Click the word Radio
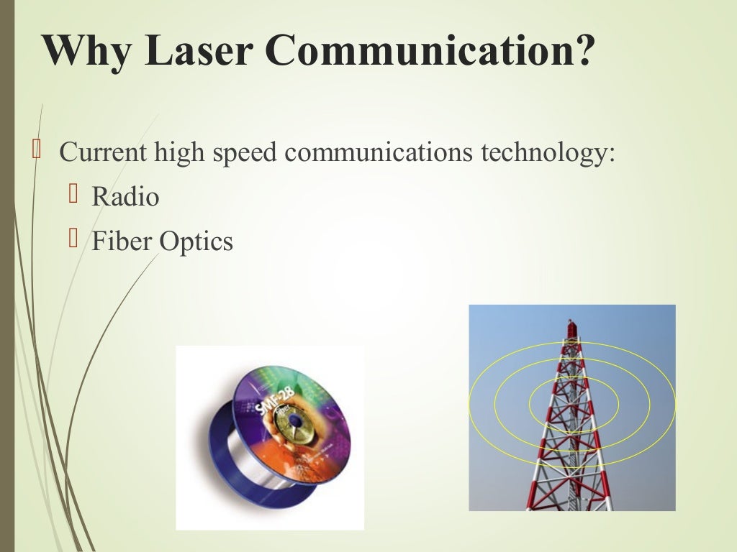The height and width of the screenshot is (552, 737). point(125,197)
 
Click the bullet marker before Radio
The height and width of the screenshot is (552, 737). point(72,195)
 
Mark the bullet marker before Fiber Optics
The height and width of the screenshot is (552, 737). point(72,239)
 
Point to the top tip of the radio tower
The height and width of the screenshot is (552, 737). point(572,322)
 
